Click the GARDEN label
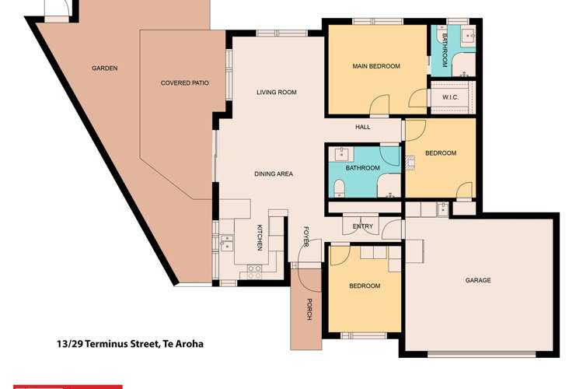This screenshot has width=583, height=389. [x=104, y=68]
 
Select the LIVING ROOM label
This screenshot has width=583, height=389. [x=277, y=93]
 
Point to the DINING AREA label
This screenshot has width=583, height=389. [x=273, y=174]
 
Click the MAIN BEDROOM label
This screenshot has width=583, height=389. [x=376, y=67]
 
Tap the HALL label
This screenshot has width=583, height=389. [x=363, y=127]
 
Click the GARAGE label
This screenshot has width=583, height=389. [x=477, y=280]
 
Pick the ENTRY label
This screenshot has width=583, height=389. [x=363, y=226]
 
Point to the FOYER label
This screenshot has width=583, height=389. [x=307, y=237]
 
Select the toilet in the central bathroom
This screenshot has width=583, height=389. [x=340, y=187]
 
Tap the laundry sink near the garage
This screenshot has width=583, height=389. [x=442, y=208]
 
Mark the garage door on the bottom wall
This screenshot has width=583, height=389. [x=481, y=354]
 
